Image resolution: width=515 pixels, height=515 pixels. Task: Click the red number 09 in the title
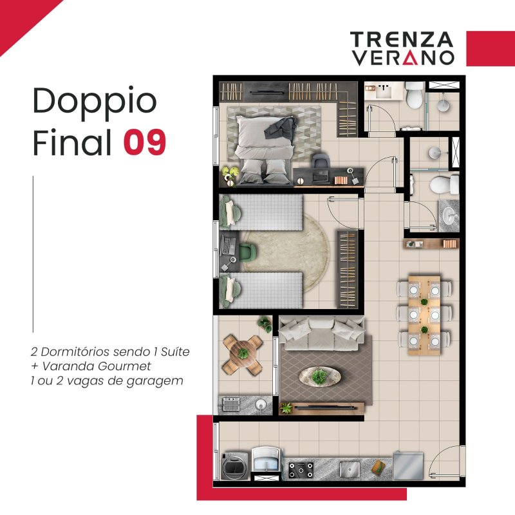(145, 142)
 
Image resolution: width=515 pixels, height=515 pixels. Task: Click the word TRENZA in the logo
(402, 39)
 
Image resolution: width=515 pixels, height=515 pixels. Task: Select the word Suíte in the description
(175, 351)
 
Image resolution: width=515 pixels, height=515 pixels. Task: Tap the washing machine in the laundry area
(235, 465)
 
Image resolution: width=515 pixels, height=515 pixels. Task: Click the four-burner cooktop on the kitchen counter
(301, 470)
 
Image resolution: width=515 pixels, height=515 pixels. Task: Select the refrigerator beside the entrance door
(408, 465)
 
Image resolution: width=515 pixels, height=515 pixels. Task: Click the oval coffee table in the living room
(319, 376)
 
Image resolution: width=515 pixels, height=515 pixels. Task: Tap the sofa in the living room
(321, 333)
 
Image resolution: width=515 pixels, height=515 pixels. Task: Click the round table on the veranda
(243, 354)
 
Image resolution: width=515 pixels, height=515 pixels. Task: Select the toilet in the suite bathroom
(414, 95)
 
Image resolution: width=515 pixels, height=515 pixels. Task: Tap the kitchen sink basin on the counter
(350, 469)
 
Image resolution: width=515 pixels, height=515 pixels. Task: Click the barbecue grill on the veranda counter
(231, 404)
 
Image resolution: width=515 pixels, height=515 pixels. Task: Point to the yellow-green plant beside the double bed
(230, 173)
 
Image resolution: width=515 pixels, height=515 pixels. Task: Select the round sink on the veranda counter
(261, 404)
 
